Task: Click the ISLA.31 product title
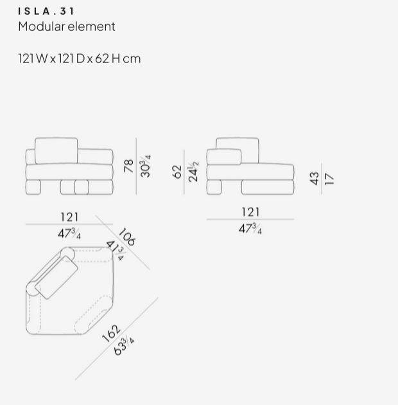[46, 11]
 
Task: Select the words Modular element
[67, 26]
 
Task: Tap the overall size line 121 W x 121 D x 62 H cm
[80, 59]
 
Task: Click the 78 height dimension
[129, 166]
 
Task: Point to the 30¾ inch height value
[145, 166]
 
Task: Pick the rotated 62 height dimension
[177, 172]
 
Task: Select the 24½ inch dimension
[193, 172]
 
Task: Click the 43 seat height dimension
[315, 179]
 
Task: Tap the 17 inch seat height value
[329, 179]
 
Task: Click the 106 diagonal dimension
[127, 237]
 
